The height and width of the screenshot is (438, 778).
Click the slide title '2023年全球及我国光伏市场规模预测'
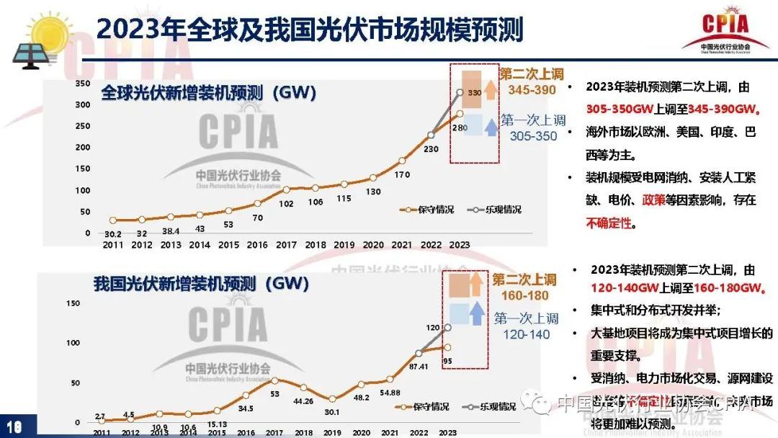(x=310, y=31)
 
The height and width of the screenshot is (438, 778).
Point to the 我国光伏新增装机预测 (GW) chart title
(x=202, y=283)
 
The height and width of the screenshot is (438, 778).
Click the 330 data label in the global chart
(x=474, y=94)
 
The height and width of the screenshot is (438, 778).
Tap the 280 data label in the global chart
(x=460, y=128)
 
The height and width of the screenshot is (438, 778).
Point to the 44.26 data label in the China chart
(x=303, y=401)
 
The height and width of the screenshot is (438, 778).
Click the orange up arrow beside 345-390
(x=489, y=90)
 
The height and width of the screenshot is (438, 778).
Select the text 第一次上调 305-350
(x=533, y=128)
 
